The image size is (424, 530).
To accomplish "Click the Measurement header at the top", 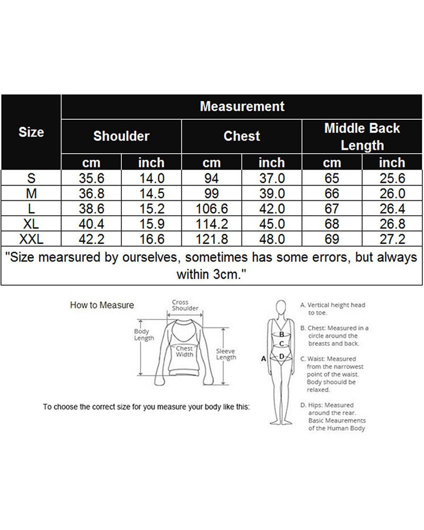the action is coord(242,107).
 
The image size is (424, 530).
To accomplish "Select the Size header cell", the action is coord(31,132).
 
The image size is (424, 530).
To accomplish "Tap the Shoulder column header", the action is coord(121,136).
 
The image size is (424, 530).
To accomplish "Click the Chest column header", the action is coord(242,136).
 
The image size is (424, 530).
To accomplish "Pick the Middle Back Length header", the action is coord(362,137).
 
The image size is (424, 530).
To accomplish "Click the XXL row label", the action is coord(31,239).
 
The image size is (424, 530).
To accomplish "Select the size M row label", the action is coord(31,193).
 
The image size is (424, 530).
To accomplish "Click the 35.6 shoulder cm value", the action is coord(91,178).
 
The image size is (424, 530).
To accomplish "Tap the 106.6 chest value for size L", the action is coord(211,208).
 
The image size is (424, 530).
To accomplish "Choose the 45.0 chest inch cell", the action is coord(272,224).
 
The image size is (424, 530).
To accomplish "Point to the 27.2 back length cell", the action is coord(392,239).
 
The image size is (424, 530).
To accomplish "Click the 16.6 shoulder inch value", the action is coord(152,239).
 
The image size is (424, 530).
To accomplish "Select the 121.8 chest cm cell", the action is coord(211,239).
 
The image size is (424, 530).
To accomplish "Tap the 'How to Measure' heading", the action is coord(102,305).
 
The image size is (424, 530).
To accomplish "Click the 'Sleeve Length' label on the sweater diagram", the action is coord(226,354).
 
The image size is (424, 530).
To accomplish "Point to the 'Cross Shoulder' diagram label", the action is coord(185,305).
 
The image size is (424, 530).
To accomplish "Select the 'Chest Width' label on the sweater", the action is coord(184,351).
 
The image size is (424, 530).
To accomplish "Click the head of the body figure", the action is coord(281,307).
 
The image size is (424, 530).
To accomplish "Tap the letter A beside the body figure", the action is coord(263,359).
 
